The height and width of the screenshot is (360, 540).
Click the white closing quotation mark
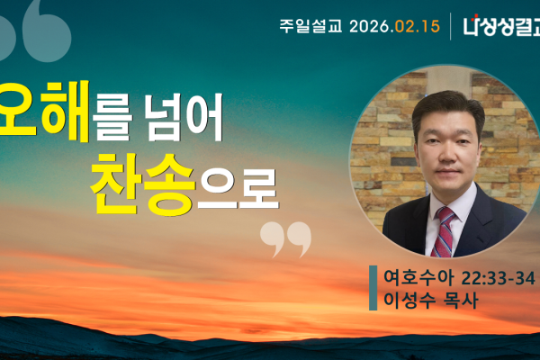285,238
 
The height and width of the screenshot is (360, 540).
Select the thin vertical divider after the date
450,26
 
